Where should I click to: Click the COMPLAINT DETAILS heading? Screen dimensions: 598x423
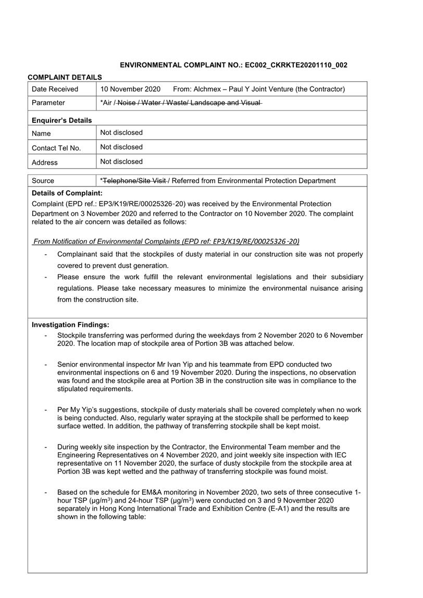point(65,77)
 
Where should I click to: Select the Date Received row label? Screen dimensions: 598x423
point(55,89)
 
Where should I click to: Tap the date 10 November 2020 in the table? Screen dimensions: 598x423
point(130,89)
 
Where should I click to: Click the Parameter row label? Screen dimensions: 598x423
point(48,103)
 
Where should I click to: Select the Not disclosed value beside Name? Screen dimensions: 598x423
point(121,133)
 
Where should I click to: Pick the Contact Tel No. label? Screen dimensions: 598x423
point(56,148)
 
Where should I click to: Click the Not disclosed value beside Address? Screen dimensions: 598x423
point(121,161)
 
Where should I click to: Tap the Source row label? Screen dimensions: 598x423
point(43,181)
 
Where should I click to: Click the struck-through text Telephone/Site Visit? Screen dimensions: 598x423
point(134,181)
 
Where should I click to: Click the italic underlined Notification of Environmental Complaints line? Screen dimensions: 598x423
point(166,241)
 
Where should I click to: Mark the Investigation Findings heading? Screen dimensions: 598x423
point(70,325)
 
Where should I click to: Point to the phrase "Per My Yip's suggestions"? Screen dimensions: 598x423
point(97,410)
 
